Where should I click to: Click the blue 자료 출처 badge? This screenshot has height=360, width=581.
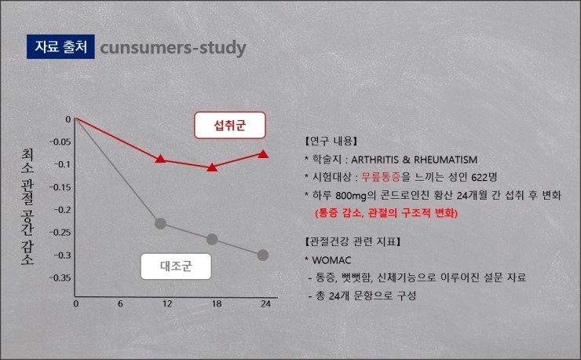click(60, 46)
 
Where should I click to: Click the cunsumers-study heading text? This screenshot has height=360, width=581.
click(173, 48)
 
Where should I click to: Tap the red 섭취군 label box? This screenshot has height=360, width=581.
click(230, 126)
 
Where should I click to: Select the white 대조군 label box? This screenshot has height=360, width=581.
click(176, 266)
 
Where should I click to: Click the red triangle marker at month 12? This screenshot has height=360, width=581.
click(160, 159)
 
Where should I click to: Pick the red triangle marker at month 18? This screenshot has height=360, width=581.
click(212, 167)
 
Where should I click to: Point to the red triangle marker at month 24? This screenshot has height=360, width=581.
click(263, 153)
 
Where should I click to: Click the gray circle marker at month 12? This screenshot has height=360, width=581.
click(160, 223)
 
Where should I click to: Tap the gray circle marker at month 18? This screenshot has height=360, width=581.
click(212, 240)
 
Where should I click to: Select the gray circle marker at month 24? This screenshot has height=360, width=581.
click(263, 255)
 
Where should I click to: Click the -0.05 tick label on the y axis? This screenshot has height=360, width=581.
click(60, 141)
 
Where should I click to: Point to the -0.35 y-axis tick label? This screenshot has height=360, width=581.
click(60, 278)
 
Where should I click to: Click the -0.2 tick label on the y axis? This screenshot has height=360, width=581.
click(62, 210)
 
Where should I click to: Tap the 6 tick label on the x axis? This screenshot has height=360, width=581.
click(120, 304)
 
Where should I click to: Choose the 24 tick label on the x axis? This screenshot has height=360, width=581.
click(265, 304)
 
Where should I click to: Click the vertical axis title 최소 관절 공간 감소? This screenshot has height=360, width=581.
click(27, 207)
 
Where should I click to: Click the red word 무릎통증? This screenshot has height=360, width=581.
click(382, 177)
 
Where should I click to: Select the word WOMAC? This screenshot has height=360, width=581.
click(331, 260)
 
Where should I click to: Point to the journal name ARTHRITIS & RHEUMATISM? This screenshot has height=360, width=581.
click(415, 160)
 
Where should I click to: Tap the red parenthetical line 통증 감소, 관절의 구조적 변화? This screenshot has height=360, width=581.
click(386, 213)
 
